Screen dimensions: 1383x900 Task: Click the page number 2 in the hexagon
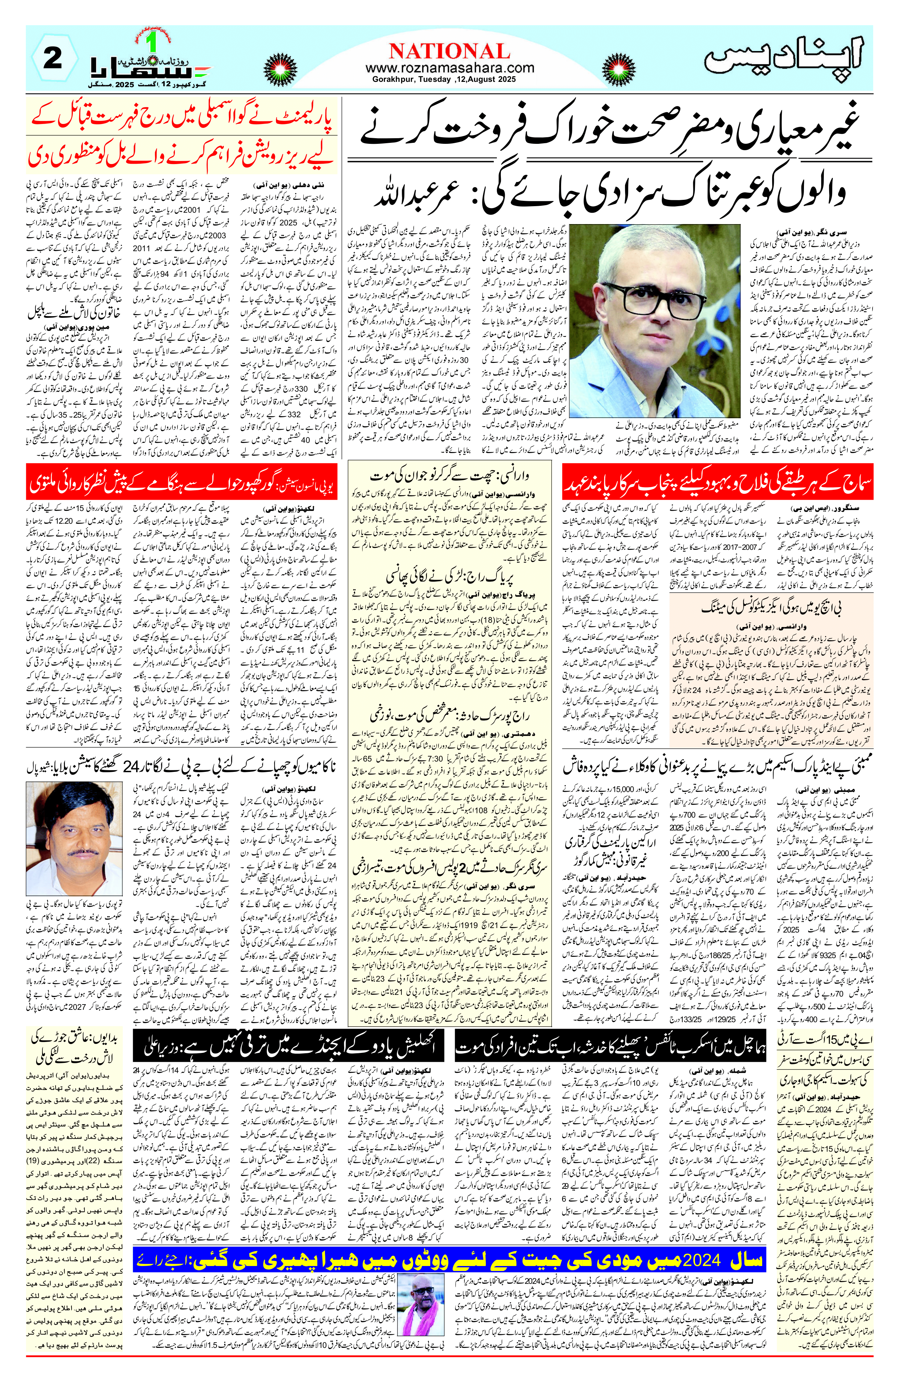(53, 59)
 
